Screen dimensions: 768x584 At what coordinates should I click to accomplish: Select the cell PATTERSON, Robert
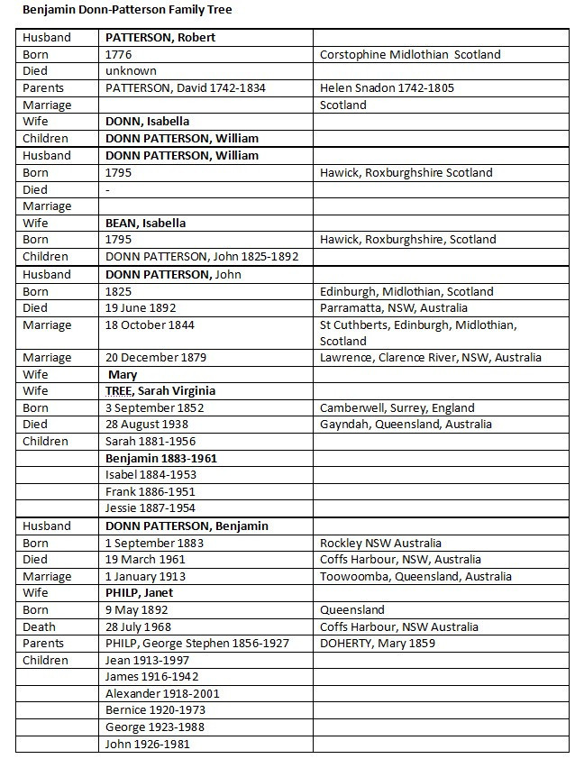pos(160,38)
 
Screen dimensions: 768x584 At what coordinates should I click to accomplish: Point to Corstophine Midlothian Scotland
pos(410,54)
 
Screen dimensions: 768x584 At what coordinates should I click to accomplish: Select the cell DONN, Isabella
pos(147,122)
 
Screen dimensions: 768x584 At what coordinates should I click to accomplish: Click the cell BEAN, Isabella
pos(146,223)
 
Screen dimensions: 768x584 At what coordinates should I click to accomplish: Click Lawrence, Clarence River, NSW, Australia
pos(431,357)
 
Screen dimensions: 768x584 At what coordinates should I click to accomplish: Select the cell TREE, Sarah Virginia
pos(160,391)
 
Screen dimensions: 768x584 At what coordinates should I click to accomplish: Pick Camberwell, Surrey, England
pos(398,407)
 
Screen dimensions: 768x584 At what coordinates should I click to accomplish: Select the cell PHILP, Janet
pos(140,593)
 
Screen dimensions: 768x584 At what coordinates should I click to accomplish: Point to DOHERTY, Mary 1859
pos(378,644)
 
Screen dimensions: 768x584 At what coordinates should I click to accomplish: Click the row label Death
pos(39,626)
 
